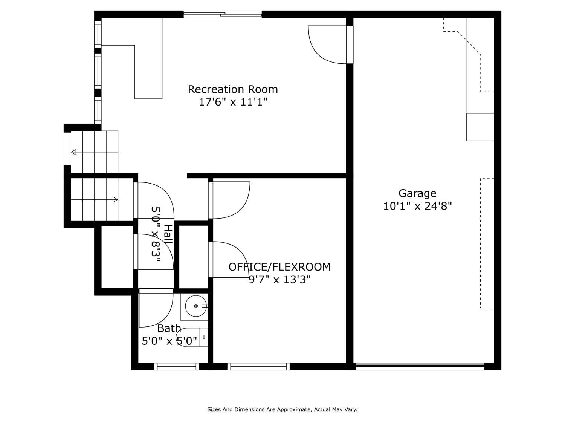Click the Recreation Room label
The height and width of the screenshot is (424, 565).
pyautogui.click(x=233, y=89)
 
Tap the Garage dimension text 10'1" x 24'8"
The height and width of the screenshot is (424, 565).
pyautogui.click(x=417, y=206)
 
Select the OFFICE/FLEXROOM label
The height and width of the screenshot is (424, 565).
pyautogui.click(x=279, y=267)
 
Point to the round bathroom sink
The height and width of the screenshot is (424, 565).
pyautogui.click(x=196, y=306)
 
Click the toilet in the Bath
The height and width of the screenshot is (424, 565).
pyautogui.click(x=192, y=337)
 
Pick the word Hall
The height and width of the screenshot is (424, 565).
pyautogui.click(x=168, y=234)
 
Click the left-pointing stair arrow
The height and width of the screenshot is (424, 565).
pyautogui.click(x=95, y=152)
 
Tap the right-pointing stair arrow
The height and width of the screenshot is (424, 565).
pyautogui.click(x=95, y=199)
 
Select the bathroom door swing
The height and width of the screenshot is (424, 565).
pyautogui.click(x=156, y=308)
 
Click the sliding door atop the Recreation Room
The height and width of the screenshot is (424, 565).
pyautogui.click(x=223, y=14)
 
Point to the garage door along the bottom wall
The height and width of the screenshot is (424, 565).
pyautogui.click(x=420, y=366)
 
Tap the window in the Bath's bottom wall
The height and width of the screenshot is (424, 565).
pyautogui.click(x=177, y=366)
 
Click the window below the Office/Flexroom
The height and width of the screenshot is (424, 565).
pyautogui.click(x=258, y=366)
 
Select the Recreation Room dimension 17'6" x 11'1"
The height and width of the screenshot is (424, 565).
pyautogui.click(x=233, y=102)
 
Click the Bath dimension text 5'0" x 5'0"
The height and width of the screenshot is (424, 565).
pyautogui.click(x=169, y=341)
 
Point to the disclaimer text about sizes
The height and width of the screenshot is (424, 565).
pyautogui.click(x=282, y=409)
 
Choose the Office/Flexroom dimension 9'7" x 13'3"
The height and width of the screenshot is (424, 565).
pyautogui.click(x=280, y=279)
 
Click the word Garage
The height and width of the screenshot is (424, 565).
pyautogui.click(x=417, y=193)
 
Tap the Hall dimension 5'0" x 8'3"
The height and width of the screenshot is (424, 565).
pyautogui.click(x=156, y=234)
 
